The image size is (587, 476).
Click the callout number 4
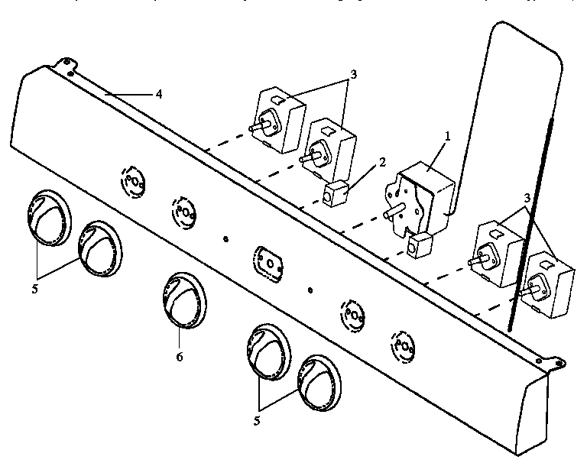158,94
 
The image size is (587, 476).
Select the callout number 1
449,135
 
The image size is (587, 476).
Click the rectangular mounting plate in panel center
268,261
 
